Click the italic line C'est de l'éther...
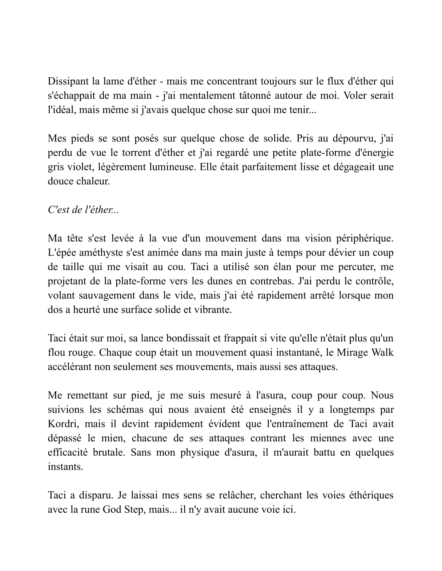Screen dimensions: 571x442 [x=83, y=210]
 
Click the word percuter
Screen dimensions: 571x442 [x=357, y=267]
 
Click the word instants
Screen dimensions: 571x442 [x=65, y=467]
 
